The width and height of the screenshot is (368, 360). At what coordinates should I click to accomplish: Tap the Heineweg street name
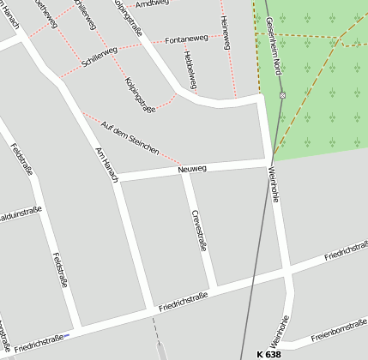(225, 33)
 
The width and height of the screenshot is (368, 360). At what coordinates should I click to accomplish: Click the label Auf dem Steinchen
(130, 138)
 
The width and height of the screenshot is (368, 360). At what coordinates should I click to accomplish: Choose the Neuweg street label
(192, 169)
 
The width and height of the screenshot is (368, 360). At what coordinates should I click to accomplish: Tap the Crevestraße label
(200, 230)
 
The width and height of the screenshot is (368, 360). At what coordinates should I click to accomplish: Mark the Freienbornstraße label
(340, 327)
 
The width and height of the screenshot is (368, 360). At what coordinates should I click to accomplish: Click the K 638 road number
(268, 354)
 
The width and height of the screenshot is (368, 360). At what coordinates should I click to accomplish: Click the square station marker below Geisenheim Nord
(281, 95)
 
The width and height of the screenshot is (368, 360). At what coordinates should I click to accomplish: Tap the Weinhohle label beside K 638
(278, 331)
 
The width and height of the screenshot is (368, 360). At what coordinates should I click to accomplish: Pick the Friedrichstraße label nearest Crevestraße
(184, 301)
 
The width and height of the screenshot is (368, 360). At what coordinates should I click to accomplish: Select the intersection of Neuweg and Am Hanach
(118, 179)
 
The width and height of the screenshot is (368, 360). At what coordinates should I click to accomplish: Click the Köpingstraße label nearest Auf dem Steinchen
(140, 95)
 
